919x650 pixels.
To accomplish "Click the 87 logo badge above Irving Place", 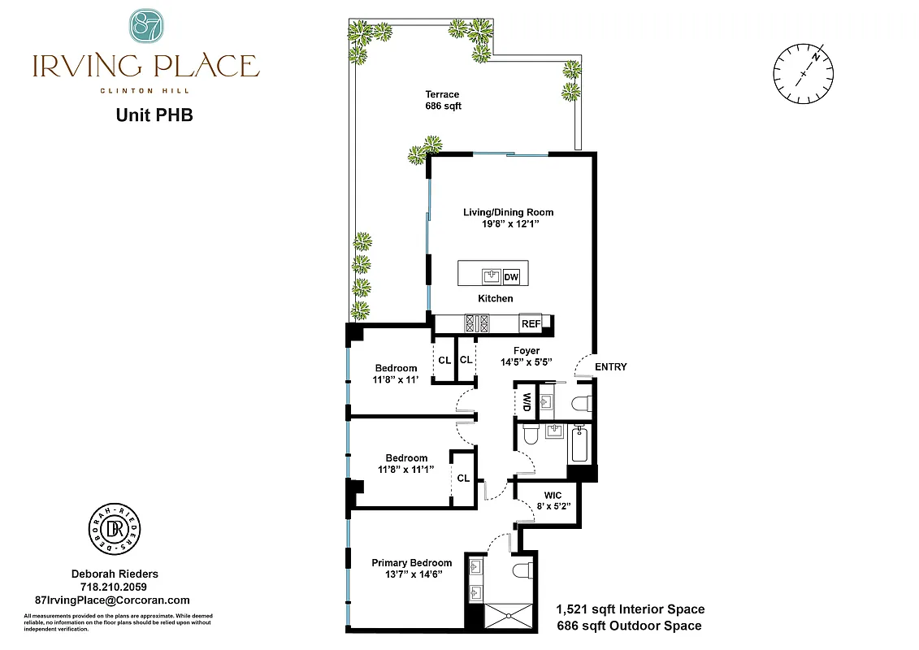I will tap(146, 26).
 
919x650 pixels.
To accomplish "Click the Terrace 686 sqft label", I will tap(443, 100).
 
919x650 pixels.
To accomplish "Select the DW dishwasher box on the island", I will tap(511, 277).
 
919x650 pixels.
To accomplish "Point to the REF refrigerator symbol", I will tap(531, 324).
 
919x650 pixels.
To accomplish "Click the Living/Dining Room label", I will tap(508, 218).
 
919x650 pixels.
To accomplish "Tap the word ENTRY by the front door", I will tap(611, 367).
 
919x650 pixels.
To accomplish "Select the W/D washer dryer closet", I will tap(527, 401).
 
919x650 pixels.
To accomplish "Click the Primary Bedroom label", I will tap(411, 569).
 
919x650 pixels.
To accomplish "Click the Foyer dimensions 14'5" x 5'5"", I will tap(527, 362).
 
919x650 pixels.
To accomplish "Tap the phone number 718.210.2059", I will tap(113, 587).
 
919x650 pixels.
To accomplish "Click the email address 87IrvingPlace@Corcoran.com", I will tap(113, 600).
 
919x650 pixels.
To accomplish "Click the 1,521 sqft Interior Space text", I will tap(630, 609).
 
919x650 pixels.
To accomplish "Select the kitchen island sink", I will tap(491, 276).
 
